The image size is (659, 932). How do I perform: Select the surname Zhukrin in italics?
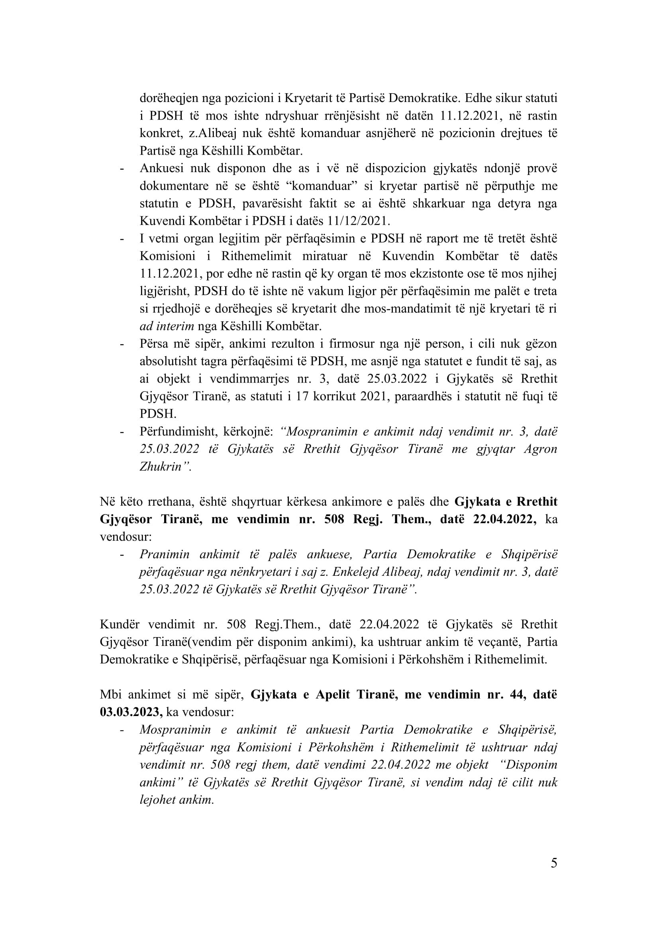pos(161,467)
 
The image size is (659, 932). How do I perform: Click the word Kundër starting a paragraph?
pos(120,624)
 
